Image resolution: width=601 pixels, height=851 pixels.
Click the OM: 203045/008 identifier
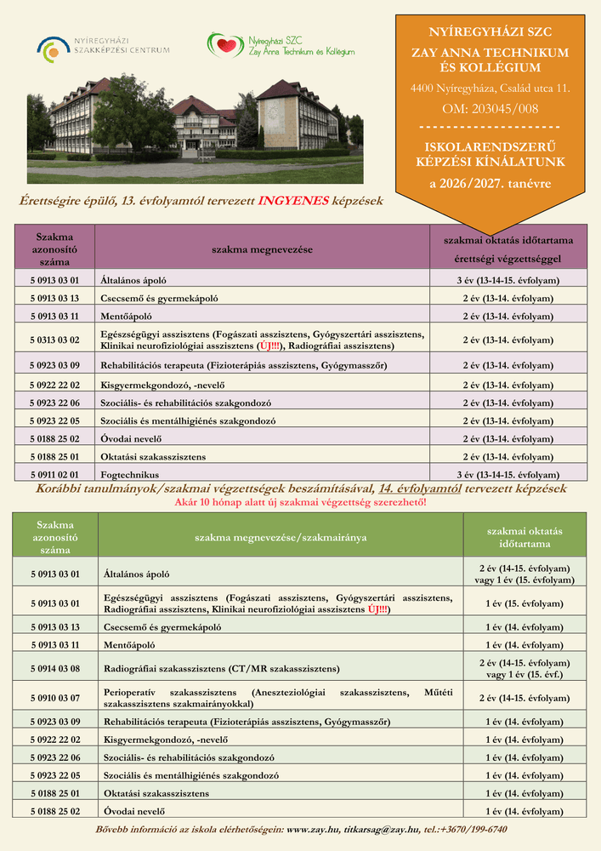[490, 109]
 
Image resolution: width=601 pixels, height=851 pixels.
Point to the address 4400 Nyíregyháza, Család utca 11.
[490, 88]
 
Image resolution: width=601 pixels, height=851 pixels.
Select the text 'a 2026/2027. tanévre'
[490, 183]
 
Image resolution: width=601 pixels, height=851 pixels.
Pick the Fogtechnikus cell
[130, 474]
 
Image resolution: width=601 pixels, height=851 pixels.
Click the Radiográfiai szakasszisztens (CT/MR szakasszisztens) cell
[222, 668]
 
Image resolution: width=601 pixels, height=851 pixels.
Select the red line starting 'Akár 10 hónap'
[300, 502]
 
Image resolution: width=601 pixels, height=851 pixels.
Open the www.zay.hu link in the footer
[314, 829]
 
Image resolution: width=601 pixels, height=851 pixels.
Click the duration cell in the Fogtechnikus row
[507, 474]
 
